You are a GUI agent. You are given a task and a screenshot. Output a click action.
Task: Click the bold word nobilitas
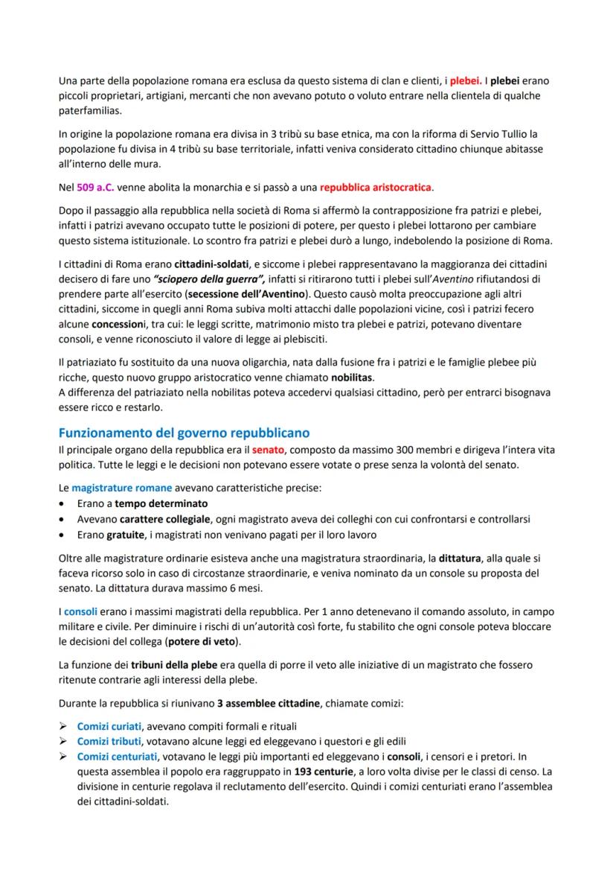pyautogui.click(x=353, y=378)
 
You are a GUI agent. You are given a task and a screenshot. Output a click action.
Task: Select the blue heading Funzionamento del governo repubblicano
pyautogui.click(x=183, y=433)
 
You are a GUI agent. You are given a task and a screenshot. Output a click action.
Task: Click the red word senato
pyautogui.click(x=268, y=450)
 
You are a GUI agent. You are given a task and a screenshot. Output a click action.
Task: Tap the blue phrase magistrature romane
pyautogui.click(x=122, y=488)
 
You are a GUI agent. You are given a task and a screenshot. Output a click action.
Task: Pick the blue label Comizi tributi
pyautogui.click(x=109, y=741)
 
